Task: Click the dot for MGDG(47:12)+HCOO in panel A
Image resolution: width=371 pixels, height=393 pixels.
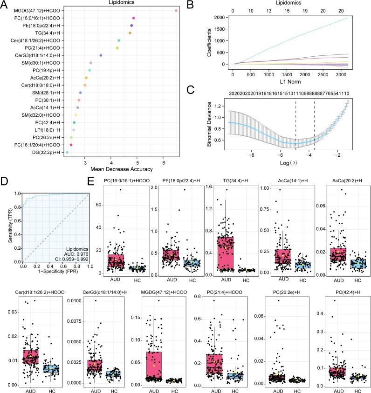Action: [x=176, y=10]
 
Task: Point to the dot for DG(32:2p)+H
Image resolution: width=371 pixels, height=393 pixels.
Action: [x=67, y=152]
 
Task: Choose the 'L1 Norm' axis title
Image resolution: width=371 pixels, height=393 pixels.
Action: [x=289, y=81]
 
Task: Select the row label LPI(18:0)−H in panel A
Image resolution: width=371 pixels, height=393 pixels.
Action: [x=50, y=130]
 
